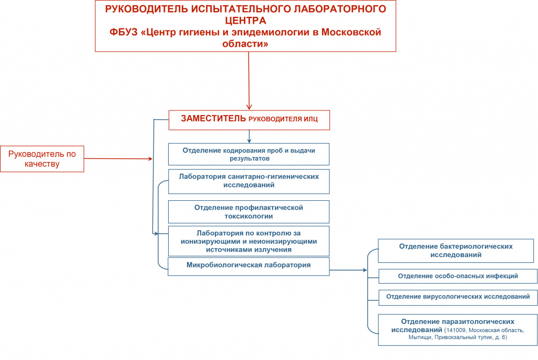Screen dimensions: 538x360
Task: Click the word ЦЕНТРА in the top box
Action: [x=245, y=20]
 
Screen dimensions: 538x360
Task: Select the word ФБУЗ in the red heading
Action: [x=123, y=32]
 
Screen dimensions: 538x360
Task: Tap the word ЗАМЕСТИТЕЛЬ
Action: [x=213, y=118]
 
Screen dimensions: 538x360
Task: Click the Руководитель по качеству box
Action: [x=42, y=159]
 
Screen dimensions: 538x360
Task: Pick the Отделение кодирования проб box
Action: [x=249, y=155]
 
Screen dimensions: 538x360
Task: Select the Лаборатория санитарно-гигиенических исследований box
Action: [x=249, y=181]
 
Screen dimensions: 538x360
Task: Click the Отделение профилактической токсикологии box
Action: [x=249, y=212]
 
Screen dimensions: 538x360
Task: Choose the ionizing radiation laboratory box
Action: [x=249, y=241]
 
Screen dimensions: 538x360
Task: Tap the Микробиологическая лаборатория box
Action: [x=249, y=266]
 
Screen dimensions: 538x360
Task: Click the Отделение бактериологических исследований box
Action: [x=456, y=251]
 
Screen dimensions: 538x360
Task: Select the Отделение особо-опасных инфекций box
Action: [x=458, y=276]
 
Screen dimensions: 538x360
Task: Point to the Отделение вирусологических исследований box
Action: [x=458, y=297]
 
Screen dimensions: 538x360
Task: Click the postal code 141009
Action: [x=456, y=330]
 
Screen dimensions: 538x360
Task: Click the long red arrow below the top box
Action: [x=249, y=81]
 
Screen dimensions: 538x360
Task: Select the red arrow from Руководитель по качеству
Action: [x=118, y=159]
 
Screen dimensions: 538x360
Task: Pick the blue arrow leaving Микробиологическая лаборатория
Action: [x=348, y=270]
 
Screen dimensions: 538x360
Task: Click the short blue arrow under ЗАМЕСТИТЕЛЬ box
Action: [x=249, y=137]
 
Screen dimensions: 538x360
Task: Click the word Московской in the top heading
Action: [x=351, y=32]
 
